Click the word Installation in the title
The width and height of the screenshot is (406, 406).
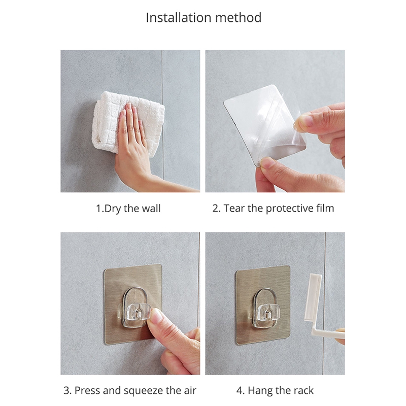pyautogui.click(x=179, y=18)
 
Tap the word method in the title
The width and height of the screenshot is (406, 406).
pyautogui.click(x=238, y=18)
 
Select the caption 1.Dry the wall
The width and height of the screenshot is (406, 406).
pyautogui.click(x=128, y=209)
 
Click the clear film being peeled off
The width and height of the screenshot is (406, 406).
pyautogui.click(x=264, y=125)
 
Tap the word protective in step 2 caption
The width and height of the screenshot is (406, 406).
pyautogui.click(x=290, y=209)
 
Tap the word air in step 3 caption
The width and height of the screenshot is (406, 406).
pyautogui.click(x=190, y=390)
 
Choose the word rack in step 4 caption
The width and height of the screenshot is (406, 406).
pyautogui.click(x=303, y=390)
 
